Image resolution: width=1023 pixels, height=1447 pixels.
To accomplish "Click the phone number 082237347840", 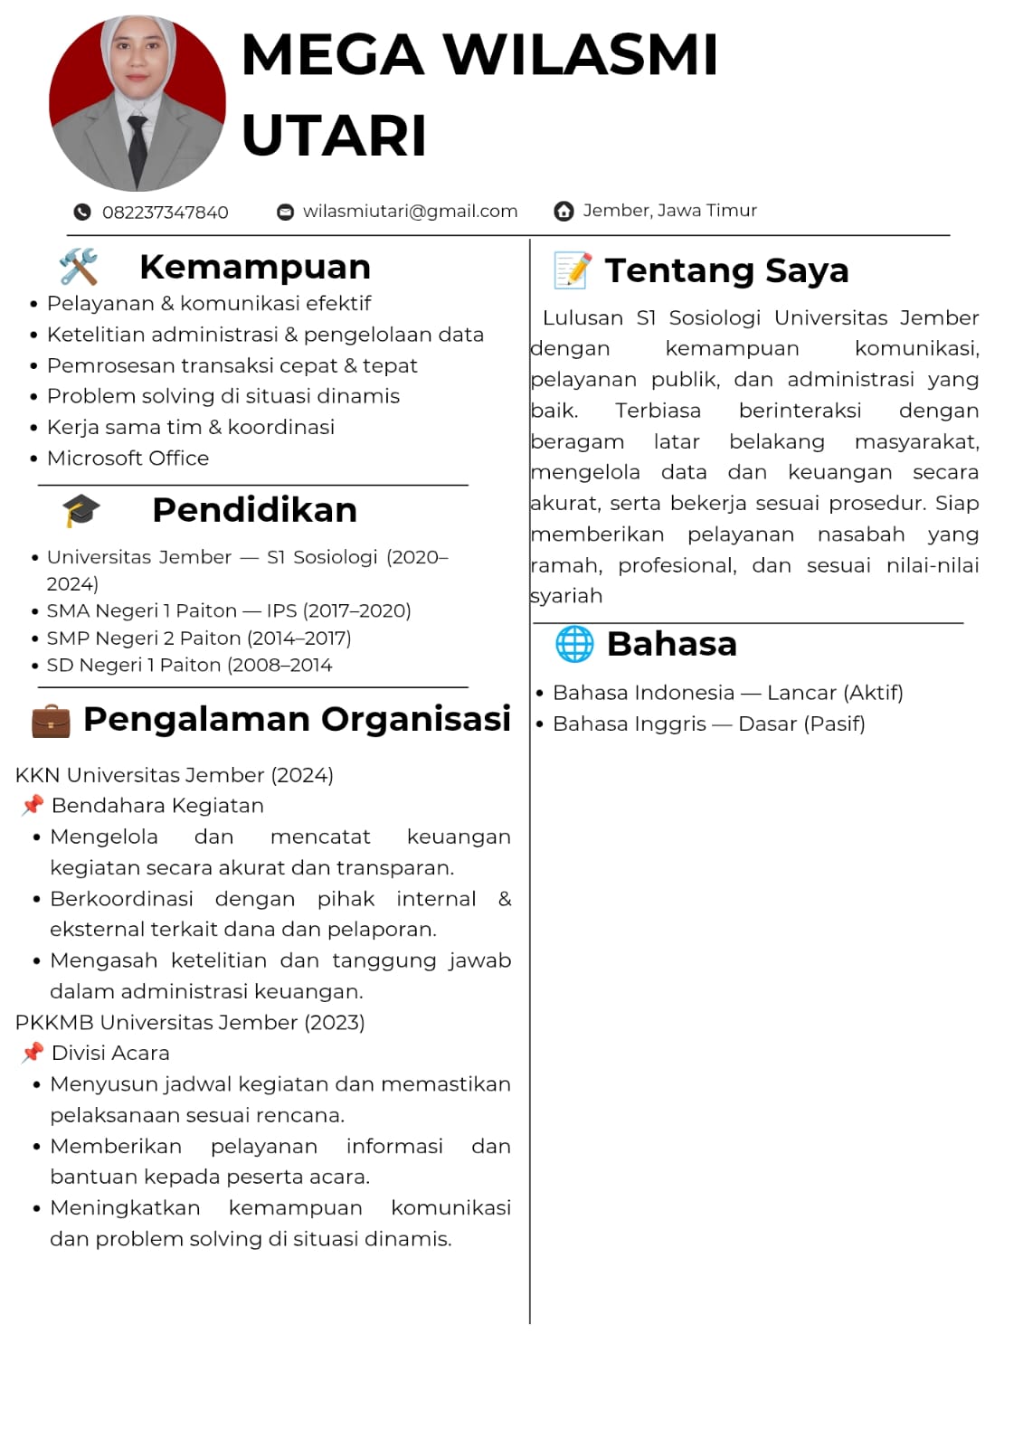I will click(165, 213).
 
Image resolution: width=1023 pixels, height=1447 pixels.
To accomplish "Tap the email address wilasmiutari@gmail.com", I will click(410, 212).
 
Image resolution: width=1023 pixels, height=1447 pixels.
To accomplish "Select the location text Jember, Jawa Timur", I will click(669, 211).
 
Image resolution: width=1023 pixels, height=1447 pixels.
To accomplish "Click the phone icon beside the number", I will click(82, 213).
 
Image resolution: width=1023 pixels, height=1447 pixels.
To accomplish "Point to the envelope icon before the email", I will click(285, 213).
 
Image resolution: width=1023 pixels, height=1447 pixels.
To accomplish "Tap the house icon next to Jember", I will click(564, 212).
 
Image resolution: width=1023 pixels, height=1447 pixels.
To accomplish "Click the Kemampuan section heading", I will click(255, 268).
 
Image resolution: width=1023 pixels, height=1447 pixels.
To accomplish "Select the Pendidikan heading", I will click(254, 510).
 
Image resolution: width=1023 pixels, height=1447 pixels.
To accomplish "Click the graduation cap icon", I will click(81, 511).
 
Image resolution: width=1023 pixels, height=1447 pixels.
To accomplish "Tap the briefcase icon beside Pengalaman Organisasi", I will click(51, 721).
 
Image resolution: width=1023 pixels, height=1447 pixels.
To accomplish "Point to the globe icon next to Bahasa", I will click(574, 644).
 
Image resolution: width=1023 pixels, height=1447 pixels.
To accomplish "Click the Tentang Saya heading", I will click(726, 270).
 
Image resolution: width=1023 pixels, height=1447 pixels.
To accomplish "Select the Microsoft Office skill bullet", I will click(128, 459).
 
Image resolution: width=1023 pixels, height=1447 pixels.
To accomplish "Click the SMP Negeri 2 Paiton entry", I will click(199, 638).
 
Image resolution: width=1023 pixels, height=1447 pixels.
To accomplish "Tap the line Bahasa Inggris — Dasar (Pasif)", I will click(708, 724).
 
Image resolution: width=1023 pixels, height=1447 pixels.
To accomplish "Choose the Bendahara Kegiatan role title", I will click(157, 806).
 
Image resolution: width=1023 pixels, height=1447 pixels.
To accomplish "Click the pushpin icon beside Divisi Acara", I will click(33, 1053).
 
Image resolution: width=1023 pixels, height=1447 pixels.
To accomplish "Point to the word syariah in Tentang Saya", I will click(566, 596).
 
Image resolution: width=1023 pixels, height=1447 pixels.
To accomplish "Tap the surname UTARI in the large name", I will click(334, 136).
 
